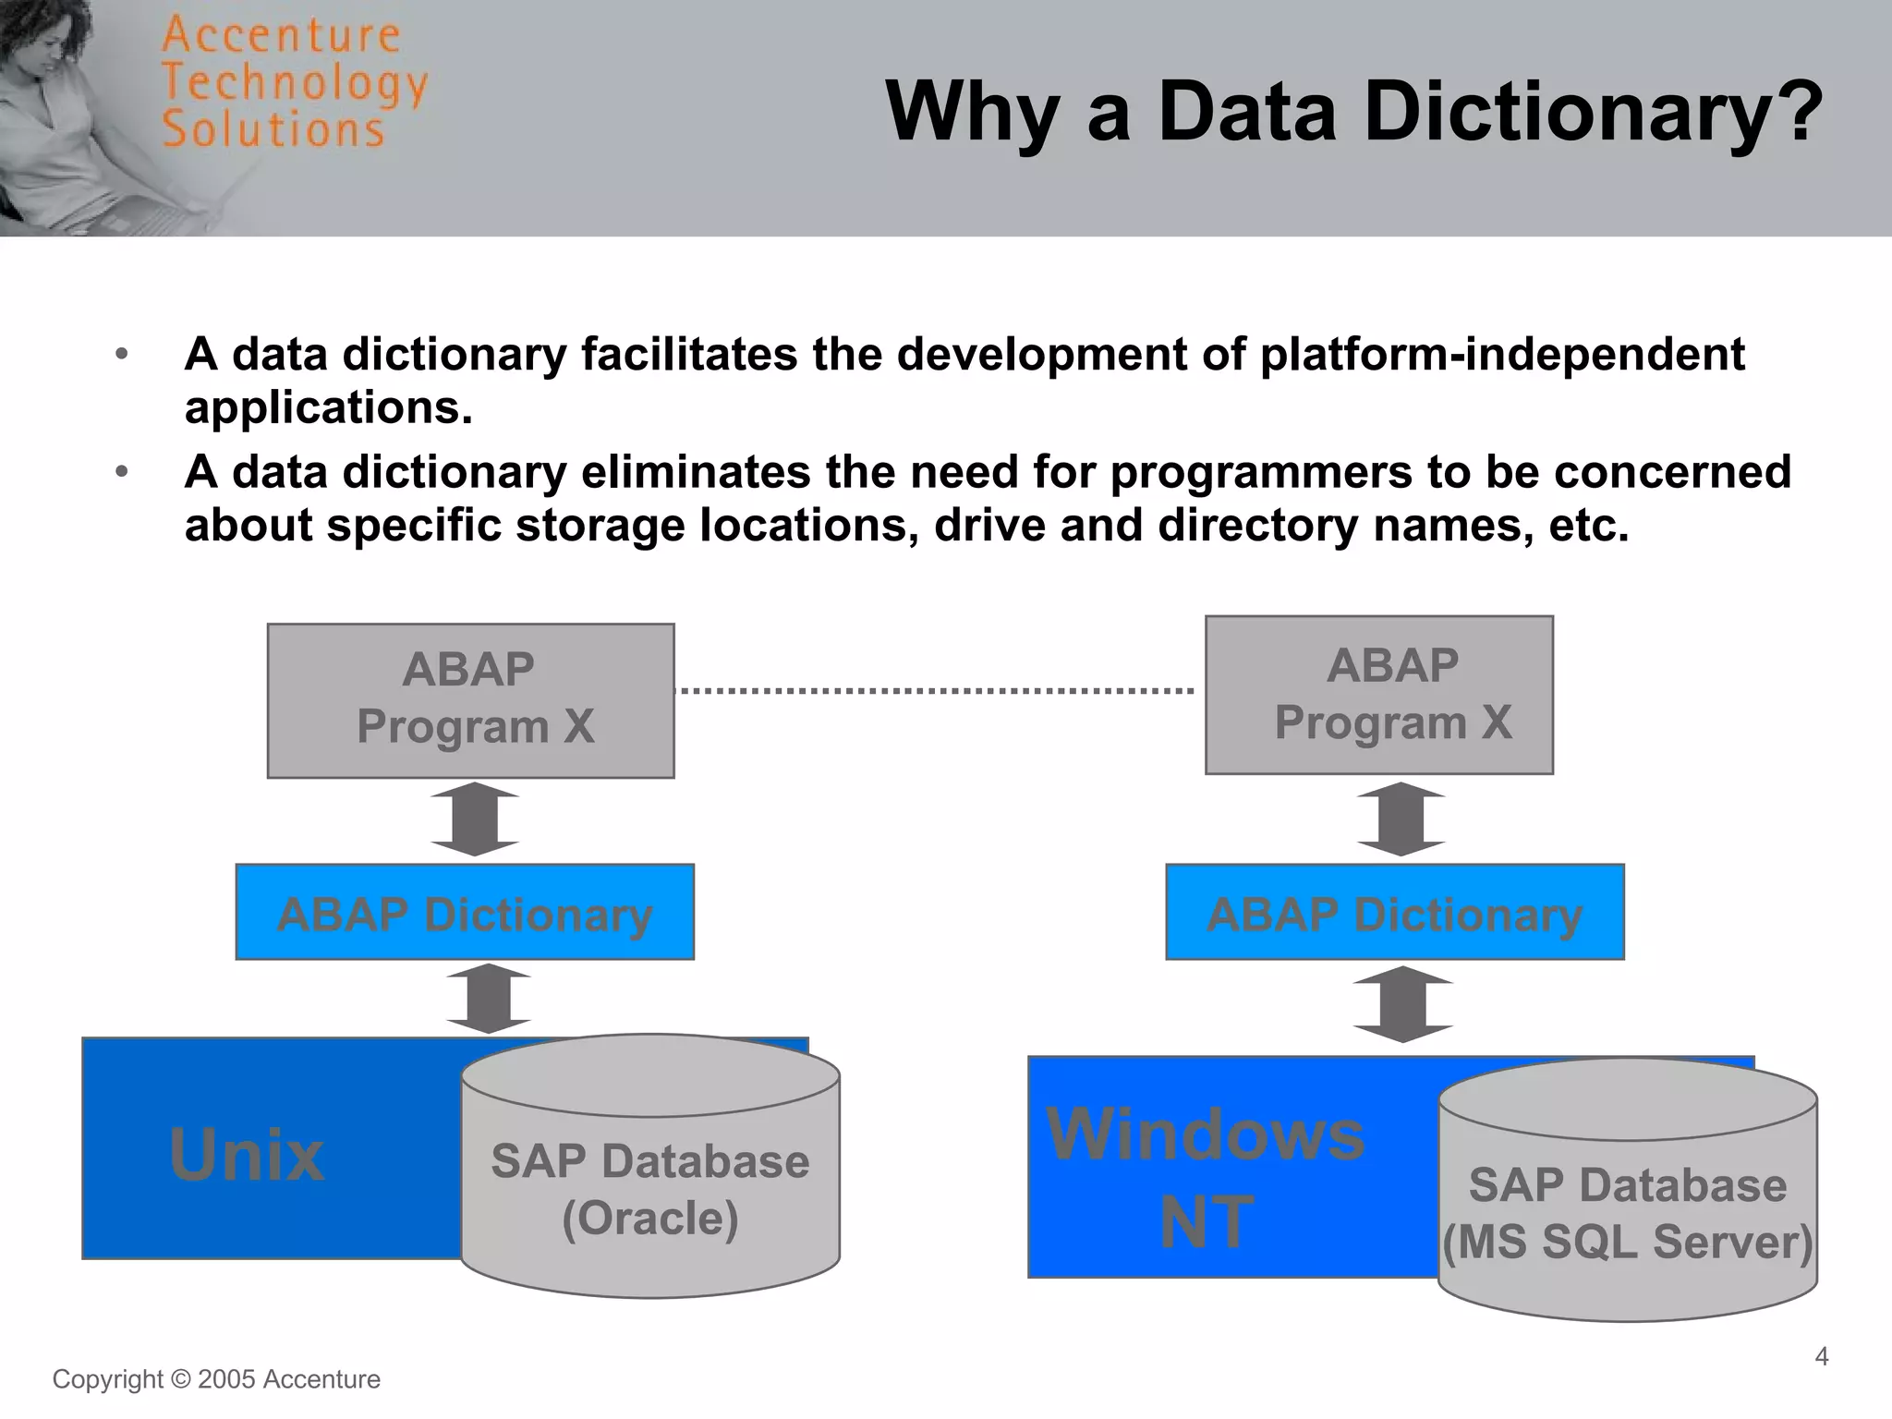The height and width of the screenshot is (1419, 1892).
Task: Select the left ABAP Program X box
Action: (470, 699)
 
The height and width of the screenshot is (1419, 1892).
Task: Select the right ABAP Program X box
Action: (1378, 694)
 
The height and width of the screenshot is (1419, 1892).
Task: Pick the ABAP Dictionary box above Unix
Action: (465, 913)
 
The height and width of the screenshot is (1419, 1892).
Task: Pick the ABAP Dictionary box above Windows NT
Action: (1394, 913)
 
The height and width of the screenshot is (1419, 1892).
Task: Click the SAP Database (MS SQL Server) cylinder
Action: (1627, 1210)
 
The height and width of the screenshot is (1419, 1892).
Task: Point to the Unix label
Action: (247, 1155)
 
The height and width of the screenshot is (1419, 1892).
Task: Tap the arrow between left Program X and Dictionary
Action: (475, 819)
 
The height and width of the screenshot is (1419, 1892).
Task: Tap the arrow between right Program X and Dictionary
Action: (1401, 819)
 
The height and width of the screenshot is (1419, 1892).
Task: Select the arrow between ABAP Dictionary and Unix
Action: (488, 999)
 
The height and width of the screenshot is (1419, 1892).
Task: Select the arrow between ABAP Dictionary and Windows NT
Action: (1402, 1004)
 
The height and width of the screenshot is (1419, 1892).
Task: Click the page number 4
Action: (1821, 1356)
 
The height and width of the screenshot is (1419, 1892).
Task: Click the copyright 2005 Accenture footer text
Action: (216, 1379)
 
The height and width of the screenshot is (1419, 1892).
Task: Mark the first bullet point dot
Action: (121, 355)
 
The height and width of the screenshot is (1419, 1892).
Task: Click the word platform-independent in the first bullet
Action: (1502, 355)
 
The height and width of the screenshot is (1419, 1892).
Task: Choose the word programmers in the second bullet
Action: (1261, 472)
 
